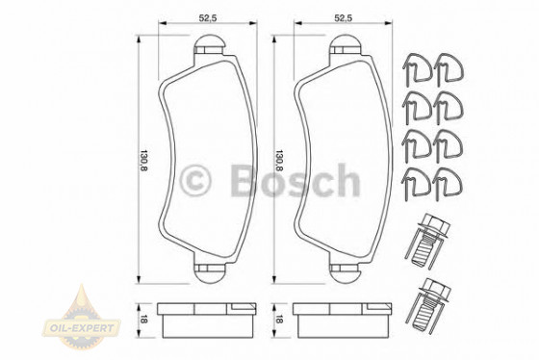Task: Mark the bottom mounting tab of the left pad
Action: click(209, 270)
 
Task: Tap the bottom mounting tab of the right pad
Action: click(346, 270)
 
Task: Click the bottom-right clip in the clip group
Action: click(448, 178)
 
